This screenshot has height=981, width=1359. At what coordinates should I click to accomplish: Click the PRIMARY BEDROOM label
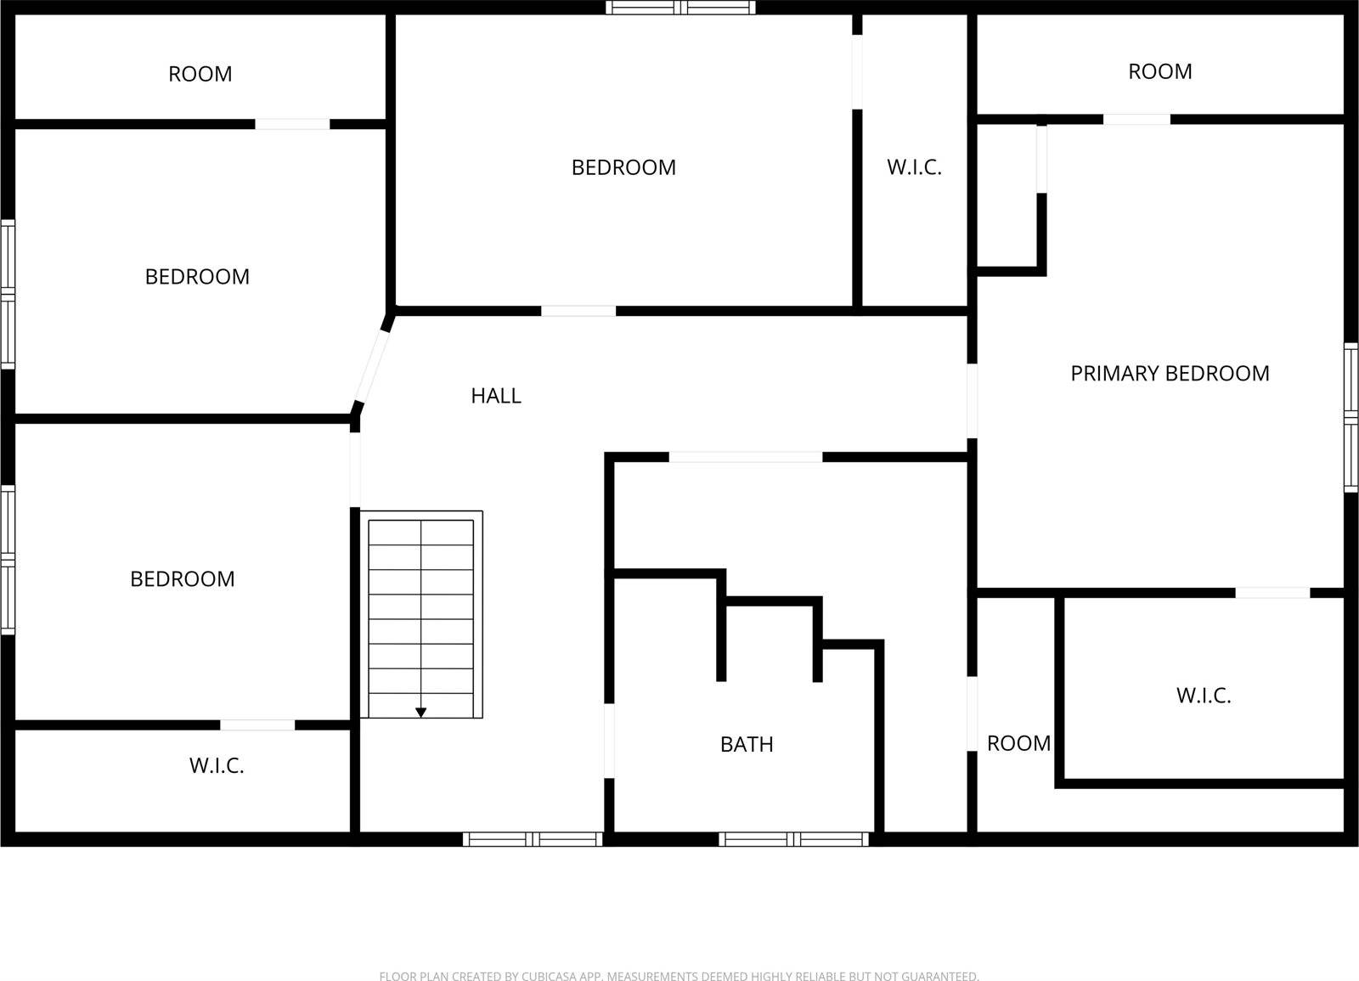[1170, 374]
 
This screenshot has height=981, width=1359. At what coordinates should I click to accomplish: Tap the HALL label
[496, 396]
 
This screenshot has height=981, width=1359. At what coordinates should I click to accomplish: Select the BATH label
[747, 745]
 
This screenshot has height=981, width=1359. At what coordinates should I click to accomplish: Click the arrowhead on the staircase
[420, 713]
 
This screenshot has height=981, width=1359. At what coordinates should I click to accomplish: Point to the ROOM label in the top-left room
[200, 75]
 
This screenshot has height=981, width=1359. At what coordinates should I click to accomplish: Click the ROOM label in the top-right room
[1159, 72]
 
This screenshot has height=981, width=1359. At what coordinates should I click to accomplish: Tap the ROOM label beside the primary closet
[1018, 744]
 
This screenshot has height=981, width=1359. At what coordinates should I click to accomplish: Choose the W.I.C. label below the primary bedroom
[1204, 696]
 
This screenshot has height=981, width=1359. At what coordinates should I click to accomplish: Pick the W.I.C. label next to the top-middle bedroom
[914, 168]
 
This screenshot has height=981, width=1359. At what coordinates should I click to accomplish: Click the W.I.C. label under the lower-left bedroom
[217, 766]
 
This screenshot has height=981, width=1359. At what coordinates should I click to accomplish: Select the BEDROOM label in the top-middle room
[623, 168]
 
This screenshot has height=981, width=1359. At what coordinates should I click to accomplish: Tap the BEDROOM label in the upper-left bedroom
[197, 277]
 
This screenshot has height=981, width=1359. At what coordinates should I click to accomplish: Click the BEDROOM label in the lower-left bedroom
[182, 579]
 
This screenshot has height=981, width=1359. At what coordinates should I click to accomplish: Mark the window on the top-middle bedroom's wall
[680, 8]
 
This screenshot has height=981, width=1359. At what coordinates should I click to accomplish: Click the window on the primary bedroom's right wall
[1351, 417]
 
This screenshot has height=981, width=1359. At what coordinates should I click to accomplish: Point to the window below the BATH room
[793, 839]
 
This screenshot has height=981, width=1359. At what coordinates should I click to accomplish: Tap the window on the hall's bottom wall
[533, 839]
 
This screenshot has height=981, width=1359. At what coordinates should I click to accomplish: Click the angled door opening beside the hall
[372, 365]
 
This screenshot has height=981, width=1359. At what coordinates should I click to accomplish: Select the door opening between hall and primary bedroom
[972, 401]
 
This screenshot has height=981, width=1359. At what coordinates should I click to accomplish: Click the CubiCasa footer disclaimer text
[679, 977]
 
